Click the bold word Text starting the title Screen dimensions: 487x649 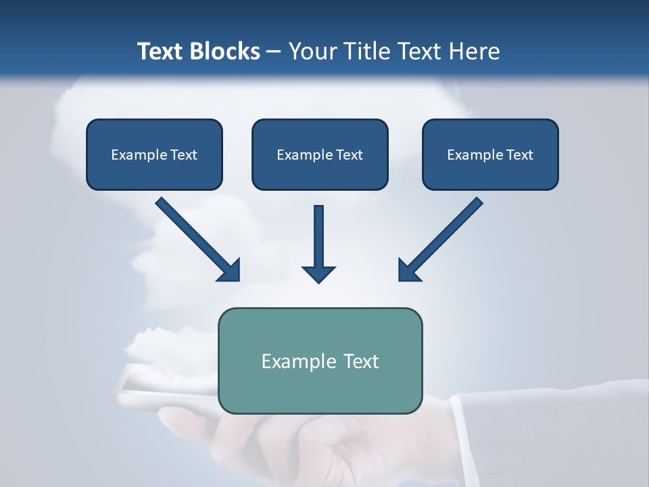tap(164, 51)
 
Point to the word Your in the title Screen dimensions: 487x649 tap(312, 51)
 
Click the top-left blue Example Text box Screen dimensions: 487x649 tap(154, 155)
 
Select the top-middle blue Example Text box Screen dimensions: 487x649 tap(320, 155)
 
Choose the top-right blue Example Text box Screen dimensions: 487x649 tap(490, 155)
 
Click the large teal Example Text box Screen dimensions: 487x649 tap(320, 361)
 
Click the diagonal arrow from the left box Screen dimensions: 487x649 tap(196, 237)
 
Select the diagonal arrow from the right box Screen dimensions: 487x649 tap(443, 237)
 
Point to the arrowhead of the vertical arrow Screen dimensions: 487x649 tap(318, 273)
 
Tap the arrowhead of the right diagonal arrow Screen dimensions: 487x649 tap(408, 271)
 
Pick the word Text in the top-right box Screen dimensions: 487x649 tap(519, 155)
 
